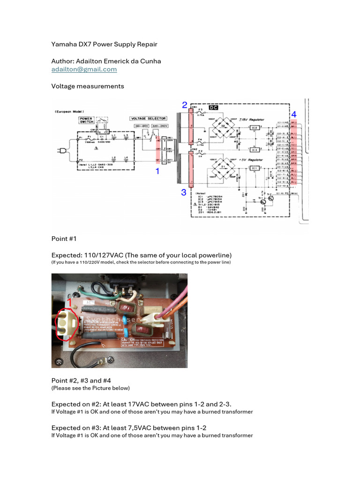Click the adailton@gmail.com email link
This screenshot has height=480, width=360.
(x=84, y=69)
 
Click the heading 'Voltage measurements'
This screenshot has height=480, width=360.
(x=88, y=86)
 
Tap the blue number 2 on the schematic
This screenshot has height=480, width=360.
(x=185, y=105)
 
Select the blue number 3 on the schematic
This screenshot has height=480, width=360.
(x=184, y=192)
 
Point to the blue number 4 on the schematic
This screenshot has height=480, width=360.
(x=294, y=115)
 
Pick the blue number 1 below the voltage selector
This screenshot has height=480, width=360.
(x=157, y=172)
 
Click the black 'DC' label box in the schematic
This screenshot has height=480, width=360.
(x=213, y=107)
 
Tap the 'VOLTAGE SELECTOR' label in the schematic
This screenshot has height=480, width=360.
(x=145, y=118)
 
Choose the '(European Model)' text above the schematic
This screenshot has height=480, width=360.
(x=69, y=112)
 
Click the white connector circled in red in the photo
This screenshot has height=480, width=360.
(x=63, y=323)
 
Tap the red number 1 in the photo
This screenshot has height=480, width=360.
(x=70, y=303)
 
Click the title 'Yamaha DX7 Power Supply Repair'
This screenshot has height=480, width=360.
(x=104, y=44)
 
